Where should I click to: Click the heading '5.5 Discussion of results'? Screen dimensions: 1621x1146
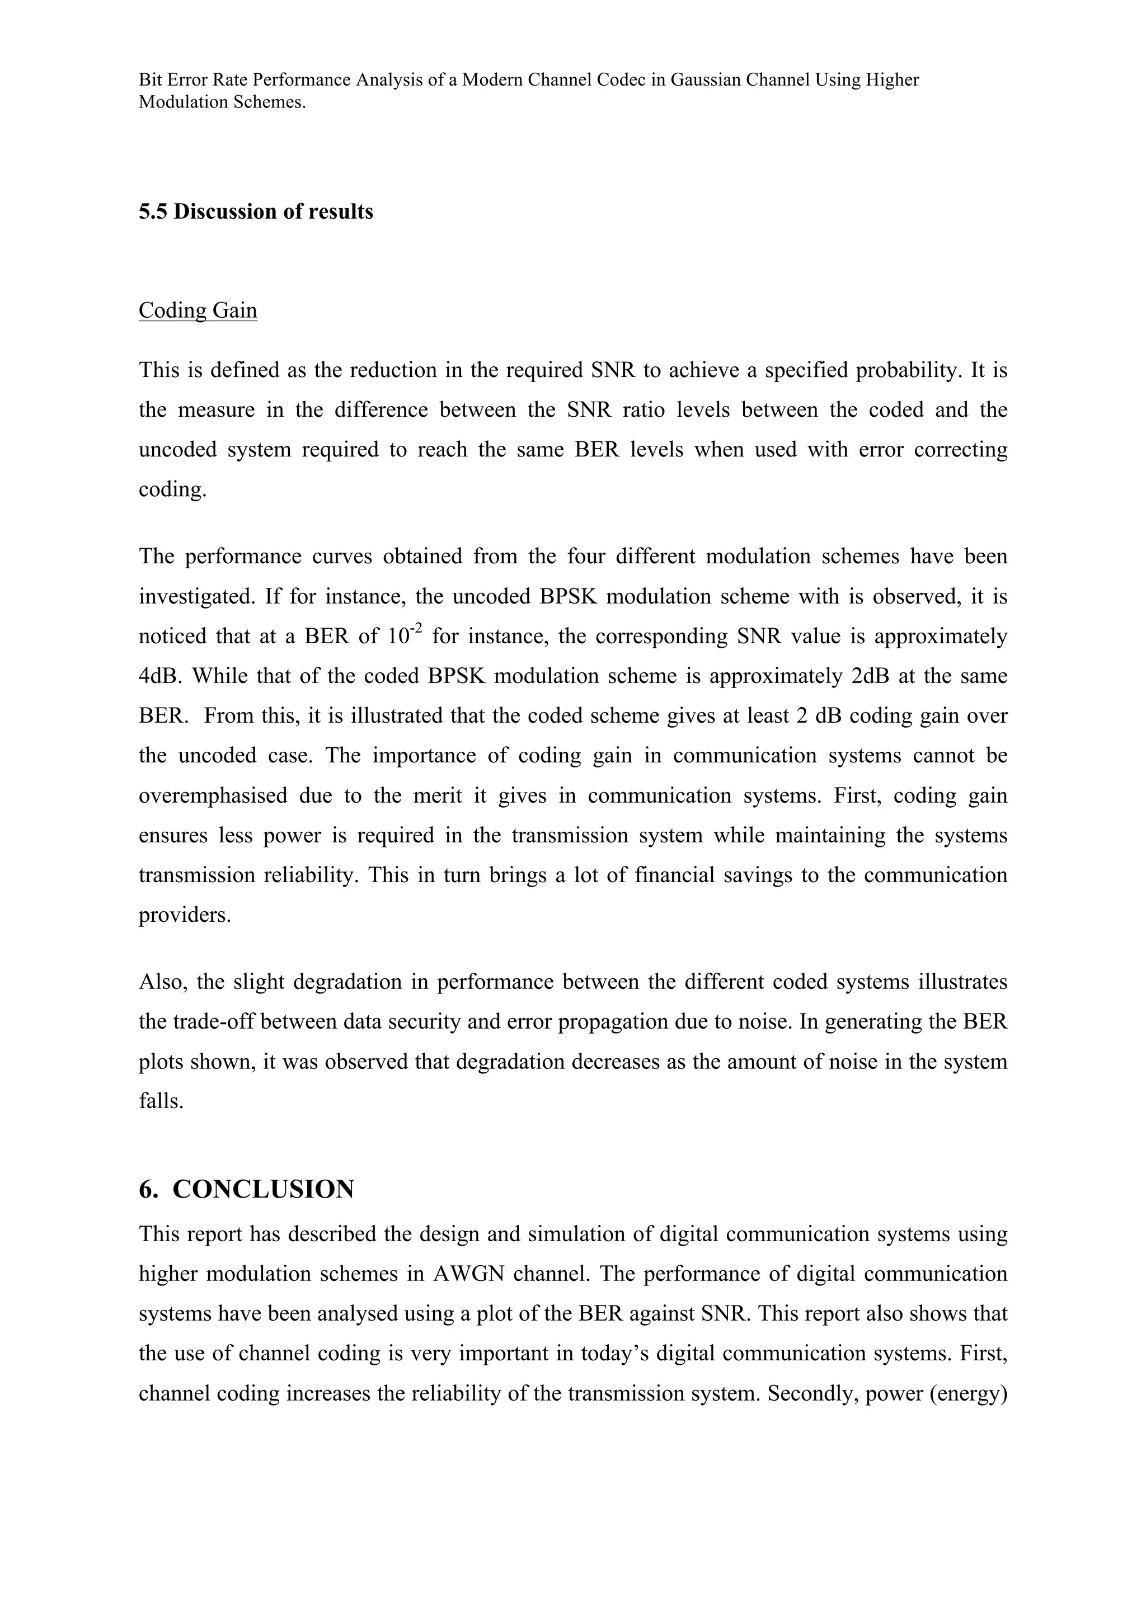256,212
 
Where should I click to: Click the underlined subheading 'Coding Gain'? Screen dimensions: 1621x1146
198,310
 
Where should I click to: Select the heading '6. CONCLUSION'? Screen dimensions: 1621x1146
246,1190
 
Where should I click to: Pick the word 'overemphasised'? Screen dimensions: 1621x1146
213,795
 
